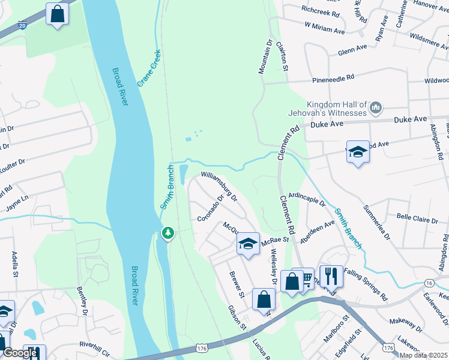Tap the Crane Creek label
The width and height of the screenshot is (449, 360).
[x=149, y=68]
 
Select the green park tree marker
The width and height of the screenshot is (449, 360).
[x=169, y=232]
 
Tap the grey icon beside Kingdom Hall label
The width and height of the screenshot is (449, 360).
[x=376, y=108]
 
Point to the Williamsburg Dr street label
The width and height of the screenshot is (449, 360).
[x=219, y=186]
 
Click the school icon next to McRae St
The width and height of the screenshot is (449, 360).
[x=247, y=244]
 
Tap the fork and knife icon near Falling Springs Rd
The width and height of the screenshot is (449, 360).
[x=331, y=276]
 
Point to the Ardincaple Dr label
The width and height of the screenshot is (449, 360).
[x=307, y=199]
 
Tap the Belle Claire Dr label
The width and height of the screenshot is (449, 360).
[x=417, y=218]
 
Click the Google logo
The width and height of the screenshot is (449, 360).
[x=19, y=353]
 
